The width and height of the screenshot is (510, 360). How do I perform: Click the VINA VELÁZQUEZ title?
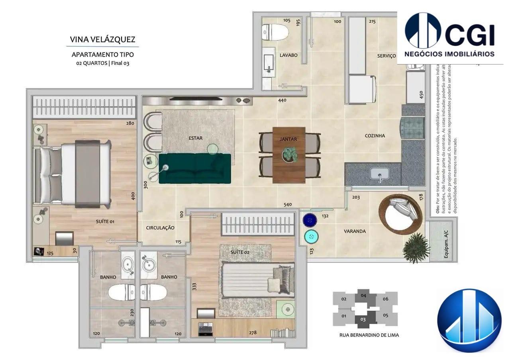(102, 39)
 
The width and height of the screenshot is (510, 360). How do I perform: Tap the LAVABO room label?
(288, 55)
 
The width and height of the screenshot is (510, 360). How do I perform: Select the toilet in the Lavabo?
(275, 32)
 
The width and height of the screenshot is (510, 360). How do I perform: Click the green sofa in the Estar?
(195, 168)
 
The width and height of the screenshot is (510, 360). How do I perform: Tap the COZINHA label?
(375, 136)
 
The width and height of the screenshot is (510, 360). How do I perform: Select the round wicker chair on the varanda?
(400, 212)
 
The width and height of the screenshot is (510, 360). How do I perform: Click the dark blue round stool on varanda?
(310, 220)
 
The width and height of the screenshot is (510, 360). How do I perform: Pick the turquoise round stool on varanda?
(311, 237)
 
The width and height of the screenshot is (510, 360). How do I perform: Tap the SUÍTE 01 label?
(105, 221)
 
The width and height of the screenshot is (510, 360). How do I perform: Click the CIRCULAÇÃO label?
(160, 228)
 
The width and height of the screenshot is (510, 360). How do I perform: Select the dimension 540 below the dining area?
(287, 205)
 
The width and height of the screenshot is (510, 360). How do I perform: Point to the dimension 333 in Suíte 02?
(194, 286)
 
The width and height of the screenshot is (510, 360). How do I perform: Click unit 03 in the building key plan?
(363, 319)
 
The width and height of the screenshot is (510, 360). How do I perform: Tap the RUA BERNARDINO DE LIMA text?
(369, 335)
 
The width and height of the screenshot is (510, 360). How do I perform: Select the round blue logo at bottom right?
(469, 321)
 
